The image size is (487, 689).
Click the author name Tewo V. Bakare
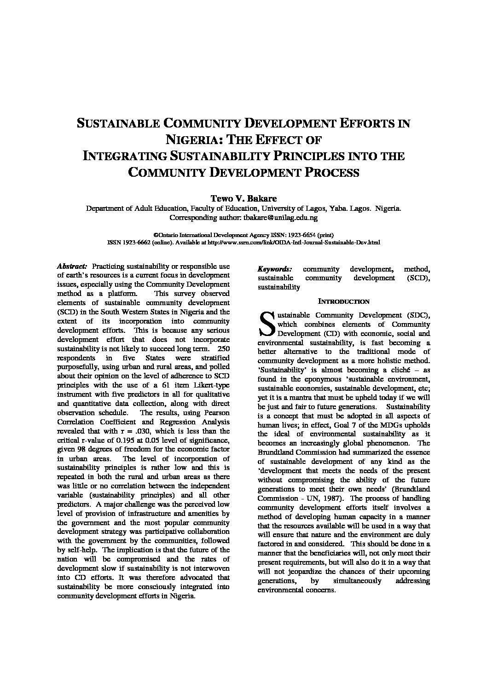(x=243, y=199)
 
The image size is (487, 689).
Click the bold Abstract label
(x=72, y=266)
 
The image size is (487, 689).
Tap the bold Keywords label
(x=274, y=269)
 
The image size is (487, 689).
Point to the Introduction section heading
(x=344, y=301)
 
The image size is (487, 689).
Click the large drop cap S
(x=267, y=323)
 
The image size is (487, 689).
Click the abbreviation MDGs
(x=366, y=425)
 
